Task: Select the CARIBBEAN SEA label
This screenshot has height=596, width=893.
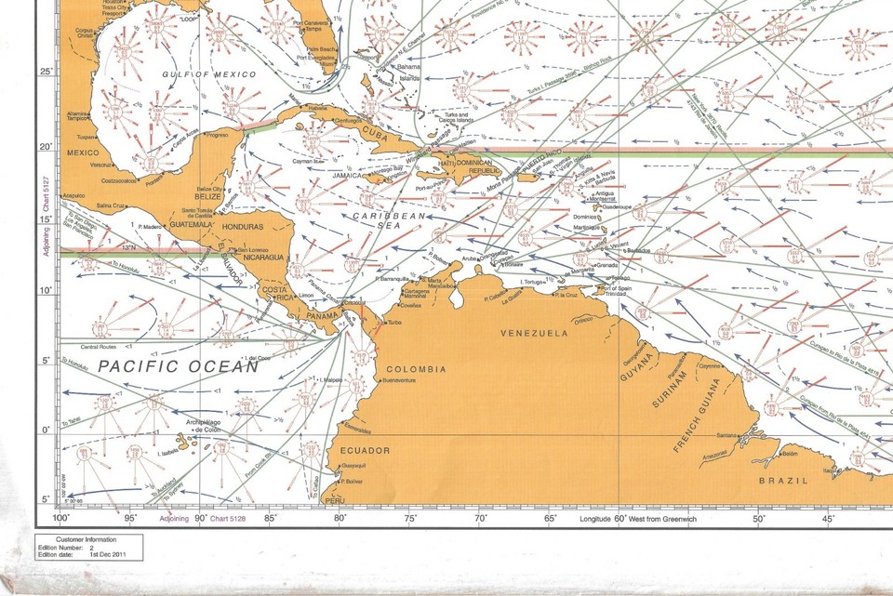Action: click(388, 221)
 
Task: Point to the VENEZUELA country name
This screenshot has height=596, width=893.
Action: click(534, 332)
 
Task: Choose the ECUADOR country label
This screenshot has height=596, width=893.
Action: click(366, 450)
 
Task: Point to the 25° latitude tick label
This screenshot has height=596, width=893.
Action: click(47, 73)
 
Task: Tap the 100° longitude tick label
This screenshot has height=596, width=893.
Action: click(61, 518)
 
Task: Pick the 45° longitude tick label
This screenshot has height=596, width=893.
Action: click(828, 518)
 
